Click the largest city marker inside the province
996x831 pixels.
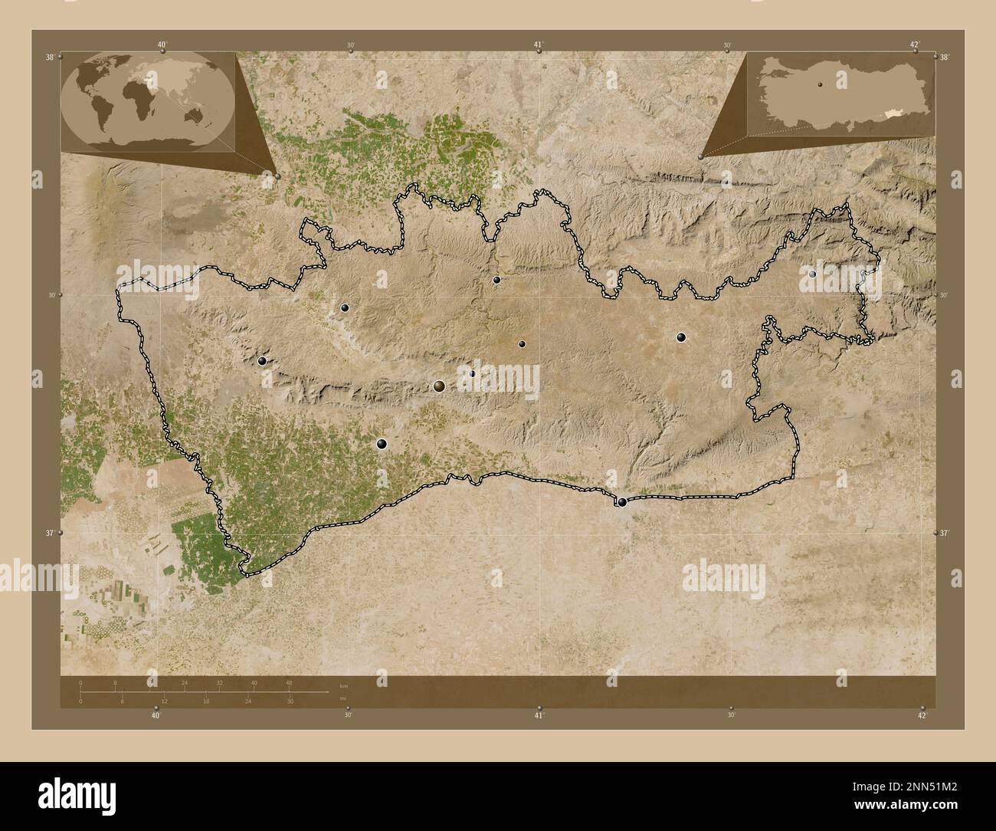[439, 386]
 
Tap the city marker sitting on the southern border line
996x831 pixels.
[622, 503]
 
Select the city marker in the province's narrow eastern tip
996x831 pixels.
[812, 273]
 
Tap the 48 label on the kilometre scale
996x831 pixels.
[289, 682]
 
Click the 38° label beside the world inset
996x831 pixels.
[50, 57]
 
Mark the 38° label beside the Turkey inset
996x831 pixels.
[945, 57]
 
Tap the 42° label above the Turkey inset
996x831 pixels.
[914, 44]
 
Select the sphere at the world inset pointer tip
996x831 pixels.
[277, 176]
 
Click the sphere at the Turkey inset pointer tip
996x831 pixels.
[702, 156]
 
